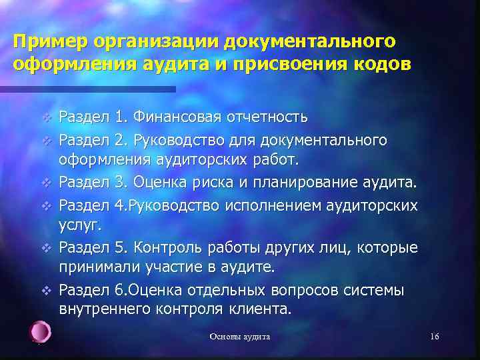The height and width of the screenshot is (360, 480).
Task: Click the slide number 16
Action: tap(434, 337)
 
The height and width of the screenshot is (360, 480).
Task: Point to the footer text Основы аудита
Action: tap(240, 337)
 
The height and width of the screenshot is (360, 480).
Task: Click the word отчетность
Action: tap(266, 119)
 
